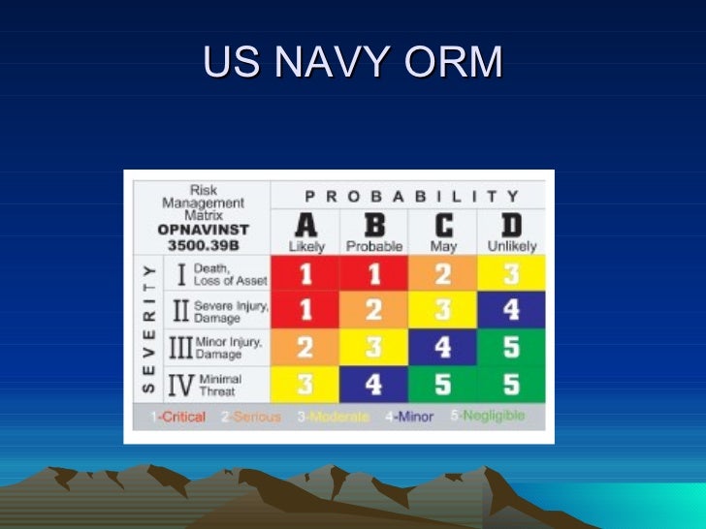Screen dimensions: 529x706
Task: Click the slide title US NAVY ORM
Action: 353,63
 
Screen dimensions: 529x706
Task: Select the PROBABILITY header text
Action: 407,194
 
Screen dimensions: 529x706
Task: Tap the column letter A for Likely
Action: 305,225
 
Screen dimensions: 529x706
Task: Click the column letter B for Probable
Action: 374,225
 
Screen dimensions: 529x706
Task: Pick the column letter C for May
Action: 442,225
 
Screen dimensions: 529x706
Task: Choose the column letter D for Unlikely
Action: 511,225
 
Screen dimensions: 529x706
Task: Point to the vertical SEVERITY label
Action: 148,327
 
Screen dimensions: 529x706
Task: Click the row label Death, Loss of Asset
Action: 230,275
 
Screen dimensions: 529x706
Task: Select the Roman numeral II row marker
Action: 180,310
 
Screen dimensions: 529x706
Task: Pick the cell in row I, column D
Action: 511,274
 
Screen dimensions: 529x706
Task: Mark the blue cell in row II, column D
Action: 511,310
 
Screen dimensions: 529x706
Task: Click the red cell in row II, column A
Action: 305,310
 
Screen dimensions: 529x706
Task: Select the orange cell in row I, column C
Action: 442,274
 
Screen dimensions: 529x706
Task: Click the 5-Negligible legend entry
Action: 488,416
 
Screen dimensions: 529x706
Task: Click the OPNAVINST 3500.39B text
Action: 205,237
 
